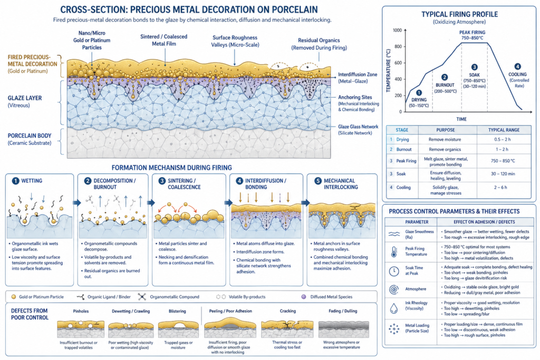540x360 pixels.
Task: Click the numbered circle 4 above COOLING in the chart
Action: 517,66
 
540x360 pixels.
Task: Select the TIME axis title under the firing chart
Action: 461,119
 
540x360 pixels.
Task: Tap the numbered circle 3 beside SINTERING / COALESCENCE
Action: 161,180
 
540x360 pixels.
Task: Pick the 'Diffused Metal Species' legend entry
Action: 329,297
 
